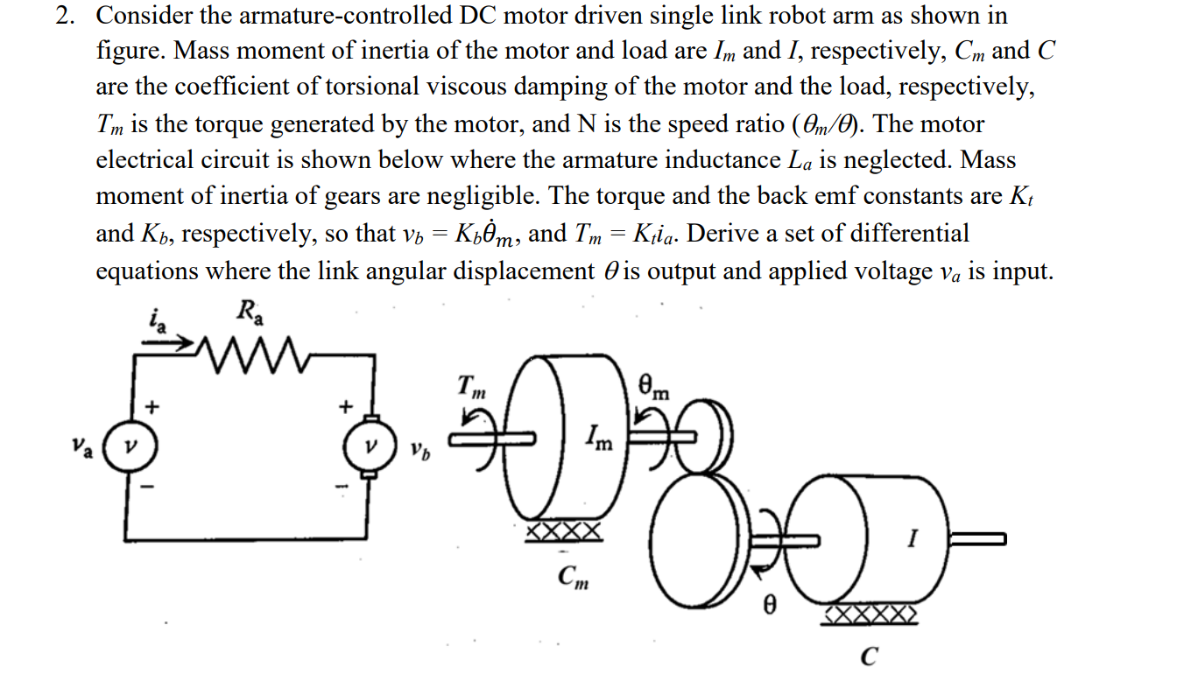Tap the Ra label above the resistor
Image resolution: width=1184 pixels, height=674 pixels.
pos(249,311)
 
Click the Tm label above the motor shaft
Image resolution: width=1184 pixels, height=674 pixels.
pos(469,386)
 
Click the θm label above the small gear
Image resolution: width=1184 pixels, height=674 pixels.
pos(656,386)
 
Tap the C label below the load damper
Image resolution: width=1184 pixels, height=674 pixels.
pos(869,656)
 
